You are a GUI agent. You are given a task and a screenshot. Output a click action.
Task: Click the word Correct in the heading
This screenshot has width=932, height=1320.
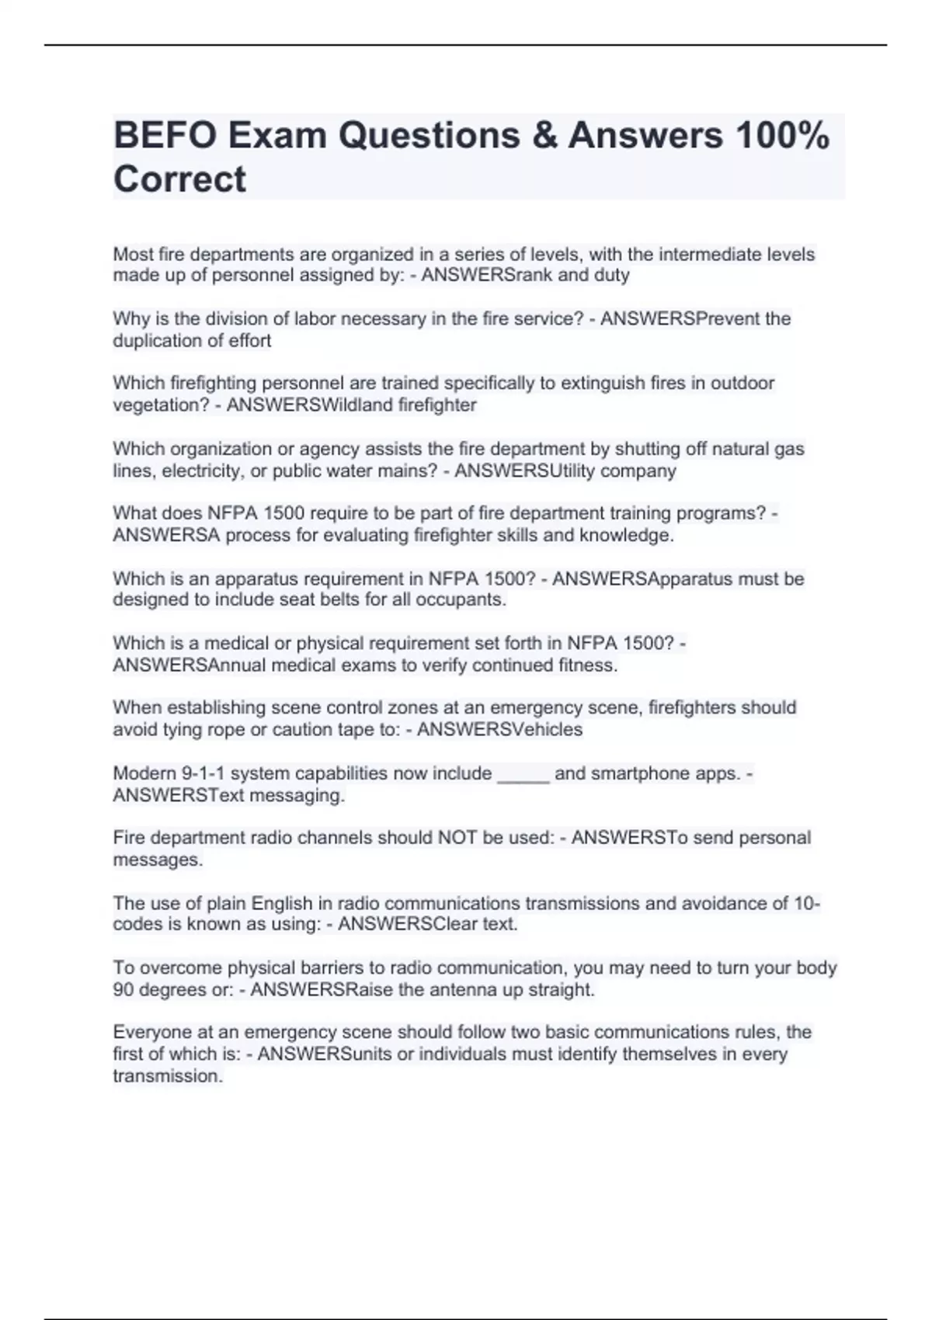pyautogui.click(x=179, y=179)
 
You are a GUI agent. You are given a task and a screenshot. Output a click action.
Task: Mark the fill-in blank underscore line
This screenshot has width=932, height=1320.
pyautogui.click(x=523, y=774)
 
